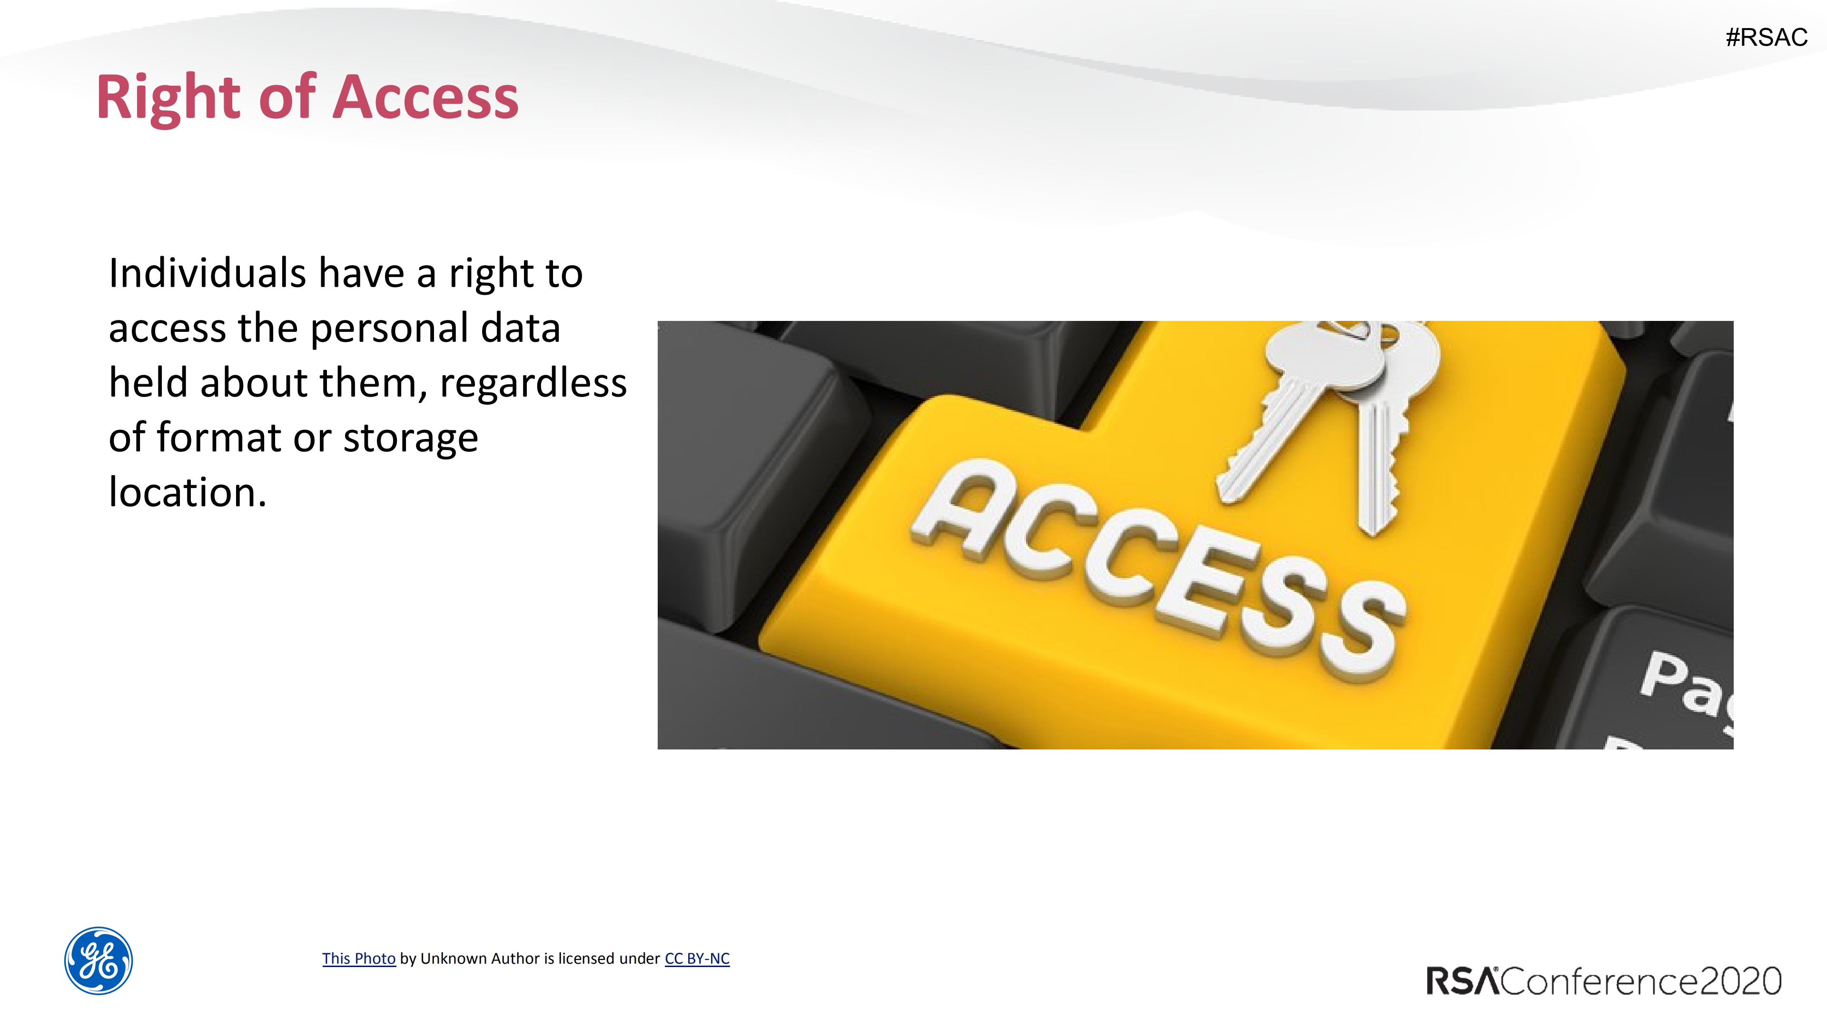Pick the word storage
411,438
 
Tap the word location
187,492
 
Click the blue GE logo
99,960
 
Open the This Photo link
358,958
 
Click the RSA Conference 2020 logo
1603,981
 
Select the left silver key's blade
1270,440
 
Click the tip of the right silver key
1374,529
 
